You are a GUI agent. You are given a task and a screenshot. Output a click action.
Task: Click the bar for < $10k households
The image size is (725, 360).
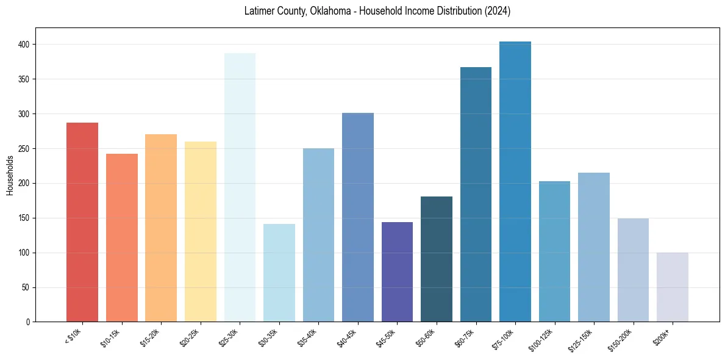pyautogui.click(x=82, y=222)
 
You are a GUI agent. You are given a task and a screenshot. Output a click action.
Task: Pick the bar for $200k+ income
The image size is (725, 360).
pyautogui.click(x=673, y=287)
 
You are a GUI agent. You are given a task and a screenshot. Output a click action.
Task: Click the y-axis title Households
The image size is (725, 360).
pyautogui.click(x=10, y=175)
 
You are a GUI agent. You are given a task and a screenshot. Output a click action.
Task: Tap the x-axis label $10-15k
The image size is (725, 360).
pyautogui.click(x=111, y=337)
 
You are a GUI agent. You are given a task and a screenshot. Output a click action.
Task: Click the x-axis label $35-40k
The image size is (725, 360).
pyautogui.click(x=308, y=337)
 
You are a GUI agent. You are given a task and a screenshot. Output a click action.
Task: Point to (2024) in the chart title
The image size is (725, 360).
pyautogui.click(x=498, y=11)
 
